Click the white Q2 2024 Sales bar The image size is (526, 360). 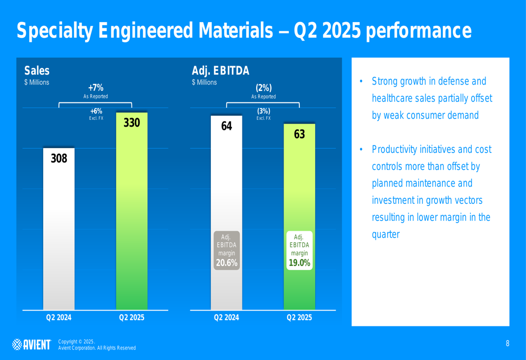[58, 236]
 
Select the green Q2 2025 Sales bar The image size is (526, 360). [131, 221]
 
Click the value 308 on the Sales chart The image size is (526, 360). [59, 158]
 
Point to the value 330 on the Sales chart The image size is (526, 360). [131, 123]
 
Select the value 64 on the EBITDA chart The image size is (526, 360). [227, 126]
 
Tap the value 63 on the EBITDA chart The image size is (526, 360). [299, 135]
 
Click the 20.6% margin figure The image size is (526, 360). [227, 263]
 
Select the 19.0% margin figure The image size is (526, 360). [299, 263]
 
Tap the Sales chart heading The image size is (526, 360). [37, 70]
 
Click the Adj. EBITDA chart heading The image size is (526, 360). [220, 70]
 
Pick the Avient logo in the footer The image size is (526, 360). [32, 344]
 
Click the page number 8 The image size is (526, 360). [508, 344]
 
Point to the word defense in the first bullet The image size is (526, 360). [452, 81]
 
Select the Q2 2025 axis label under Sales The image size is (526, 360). [131, 317]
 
